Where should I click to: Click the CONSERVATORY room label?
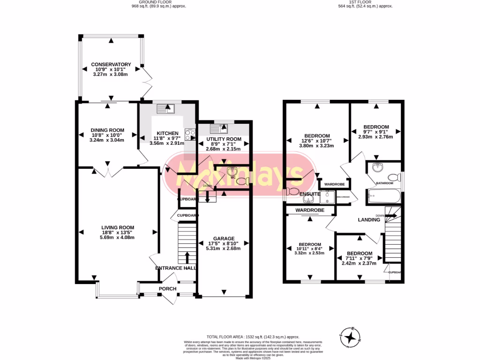pos(111,64)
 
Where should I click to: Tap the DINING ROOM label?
pos(107,130)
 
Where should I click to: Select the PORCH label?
pos(167,289)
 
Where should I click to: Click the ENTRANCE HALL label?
pos(176,268)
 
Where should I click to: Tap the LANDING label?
pos(369,219)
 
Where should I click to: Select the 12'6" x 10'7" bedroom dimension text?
pos(316,141)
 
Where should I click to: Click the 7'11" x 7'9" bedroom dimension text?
pos(360,258)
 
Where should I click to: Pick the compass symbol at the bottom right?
pos(350,337)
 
